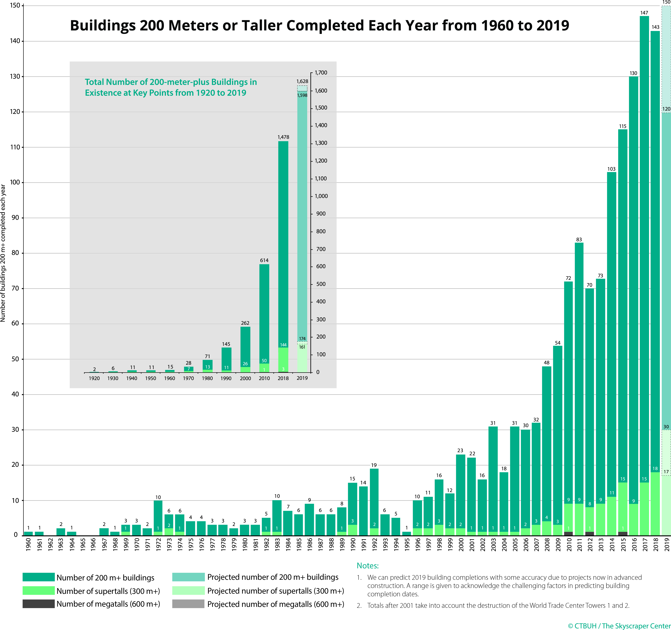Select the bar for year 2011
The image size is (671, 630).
(x=579, y=388)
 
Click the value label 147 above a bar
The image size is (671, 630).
(x=644, y=13)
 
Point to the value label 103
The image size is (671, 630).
(x=611, y=169)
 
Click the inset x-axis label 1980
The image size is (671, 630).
(x=207, y=378)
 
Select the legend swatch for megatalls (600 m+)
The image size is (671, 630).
(x=38, y=604)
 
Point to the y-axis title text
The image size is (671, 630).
(x=3, y=253)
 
